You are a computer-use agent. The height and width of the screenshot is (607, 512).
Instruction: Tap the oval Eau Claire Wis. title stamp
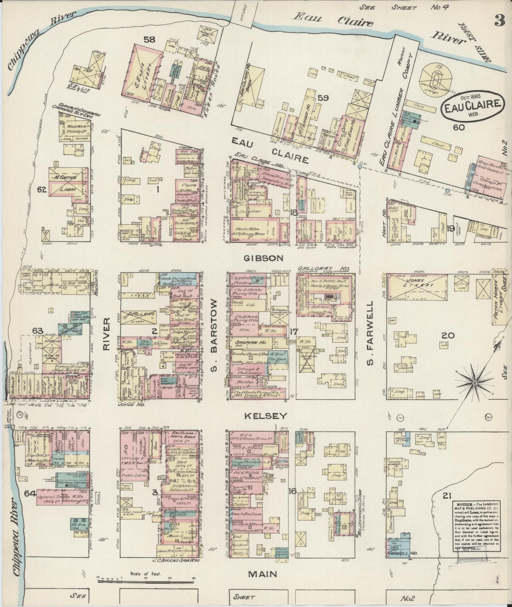(472, 106)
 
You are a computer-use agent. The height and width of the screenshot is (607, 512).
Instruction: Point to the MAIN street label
(263, 574)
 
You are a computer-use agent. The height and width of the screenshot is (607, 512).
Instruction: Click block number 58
(149, 40)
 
